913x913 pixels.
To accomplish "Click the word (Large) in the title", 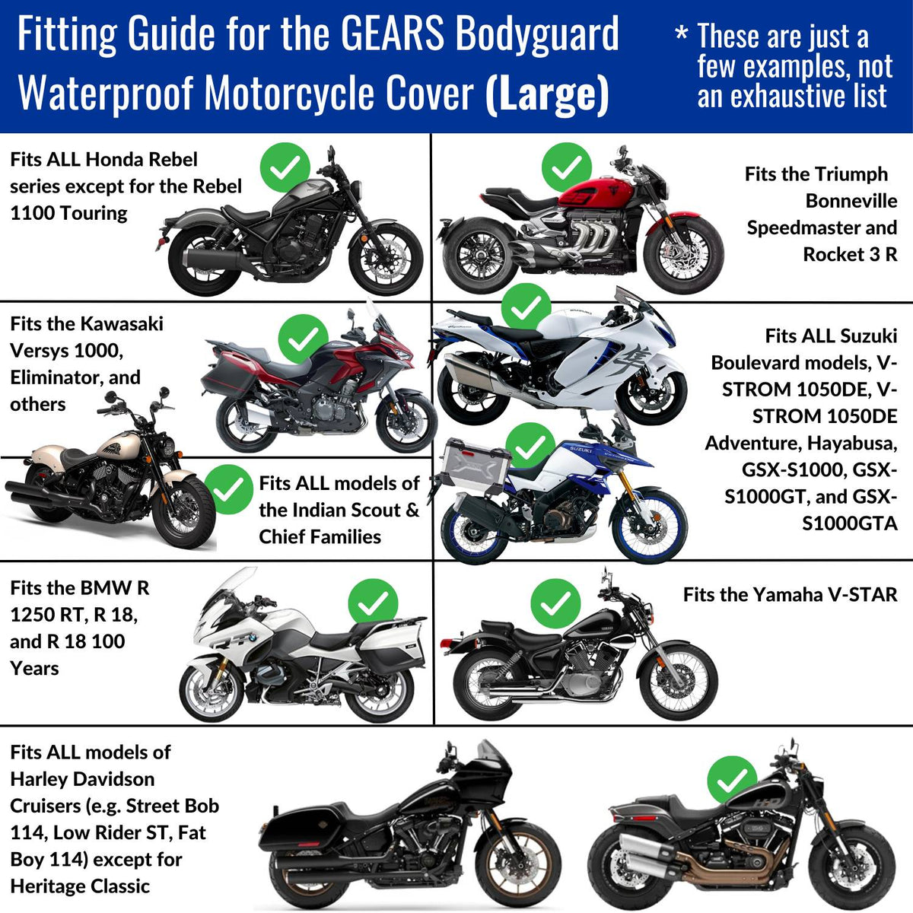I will [x=548, y=94].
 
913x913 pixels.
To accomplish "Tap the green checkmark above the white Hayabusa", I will [x=526, y=308].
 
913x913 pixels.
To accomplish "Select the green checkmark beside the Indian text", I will [x=228, y=490].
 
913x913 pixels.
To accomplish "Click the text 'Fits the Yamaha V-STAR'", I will [x=790, y=595].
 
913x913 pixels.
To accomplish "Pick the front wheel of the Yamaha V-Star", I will [x=678, y=681].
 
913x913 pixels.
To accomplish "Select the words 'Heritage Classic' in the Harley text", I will [x=80, y=886].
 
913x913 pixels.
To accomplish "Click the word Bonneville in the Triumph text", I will [x=851, y=201].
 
